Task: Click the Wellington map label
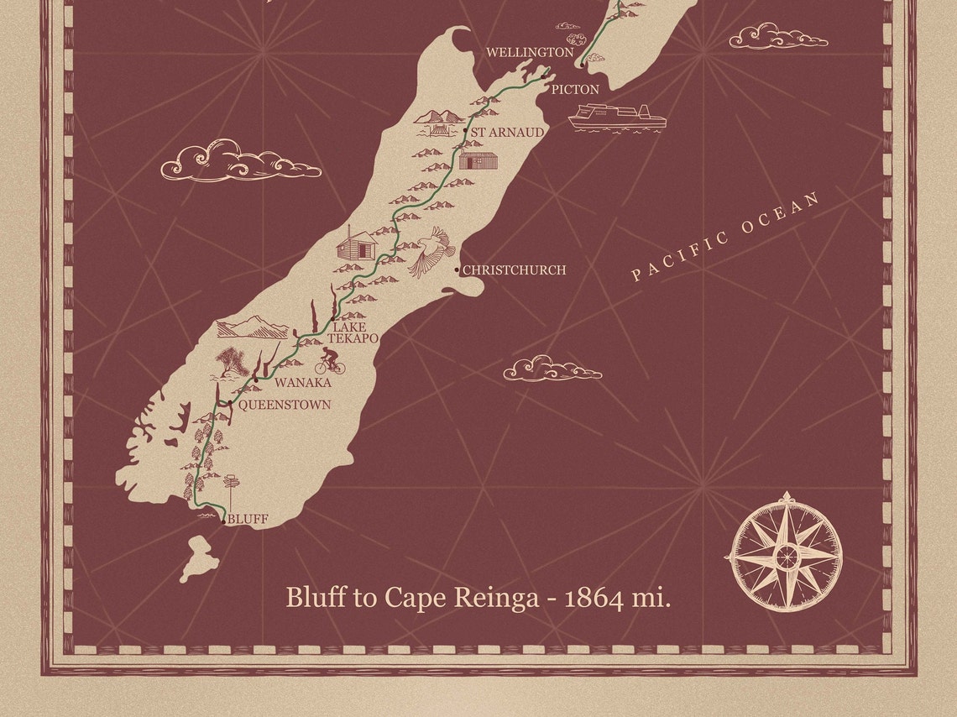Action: pyautogui.click(x=530, y=53)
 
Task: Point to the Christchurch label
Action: pyautogui.click(x=515, y=270)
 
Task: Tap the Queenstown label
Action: pyautogui.click(x=285, y=405)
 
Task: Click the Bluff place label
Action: pyautogui.click(x=248, y=520)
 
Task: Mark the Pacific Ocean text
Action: pyautogui.click(x=726, y=237)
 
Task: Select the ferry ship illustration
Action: pyautogui.click(x=616, y=118)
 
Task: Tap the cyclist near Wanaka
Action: pyautogui.click(x=331, y=362)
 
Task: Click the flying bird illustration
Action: pyautogui.click(x=432, y=250)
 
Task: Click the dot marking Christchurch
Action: pyautogui.click(x=457, y=270)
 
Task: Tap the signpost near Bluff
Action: pyautogui.click(x=233, y=487)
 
